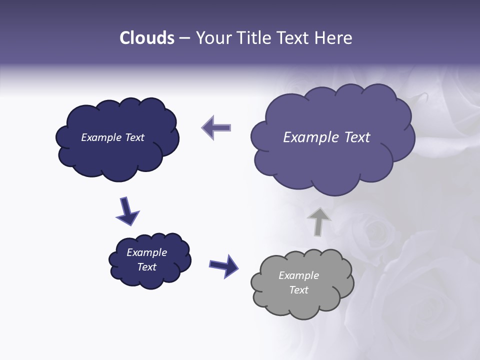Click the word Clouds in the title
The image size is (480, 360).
pos(147,38)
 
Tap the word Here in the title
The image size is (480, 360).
pos(333,38)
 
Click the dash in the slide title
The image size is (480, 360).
pos(184,38)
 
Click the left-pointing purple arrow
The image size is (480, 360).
pos(216,127)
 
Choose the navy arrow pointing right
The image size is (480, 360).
pos(224,265)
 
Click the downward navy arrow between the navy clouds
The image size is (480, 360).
pos(127,211)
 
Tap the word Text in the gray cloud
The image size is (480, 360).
pos(299,290)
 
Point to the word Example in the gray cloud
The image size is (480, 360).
pos(298,275)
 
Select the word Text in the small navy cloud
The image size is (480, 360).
pos(147,267)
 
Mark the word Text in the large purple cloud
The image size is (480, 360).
pos(357,137)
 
